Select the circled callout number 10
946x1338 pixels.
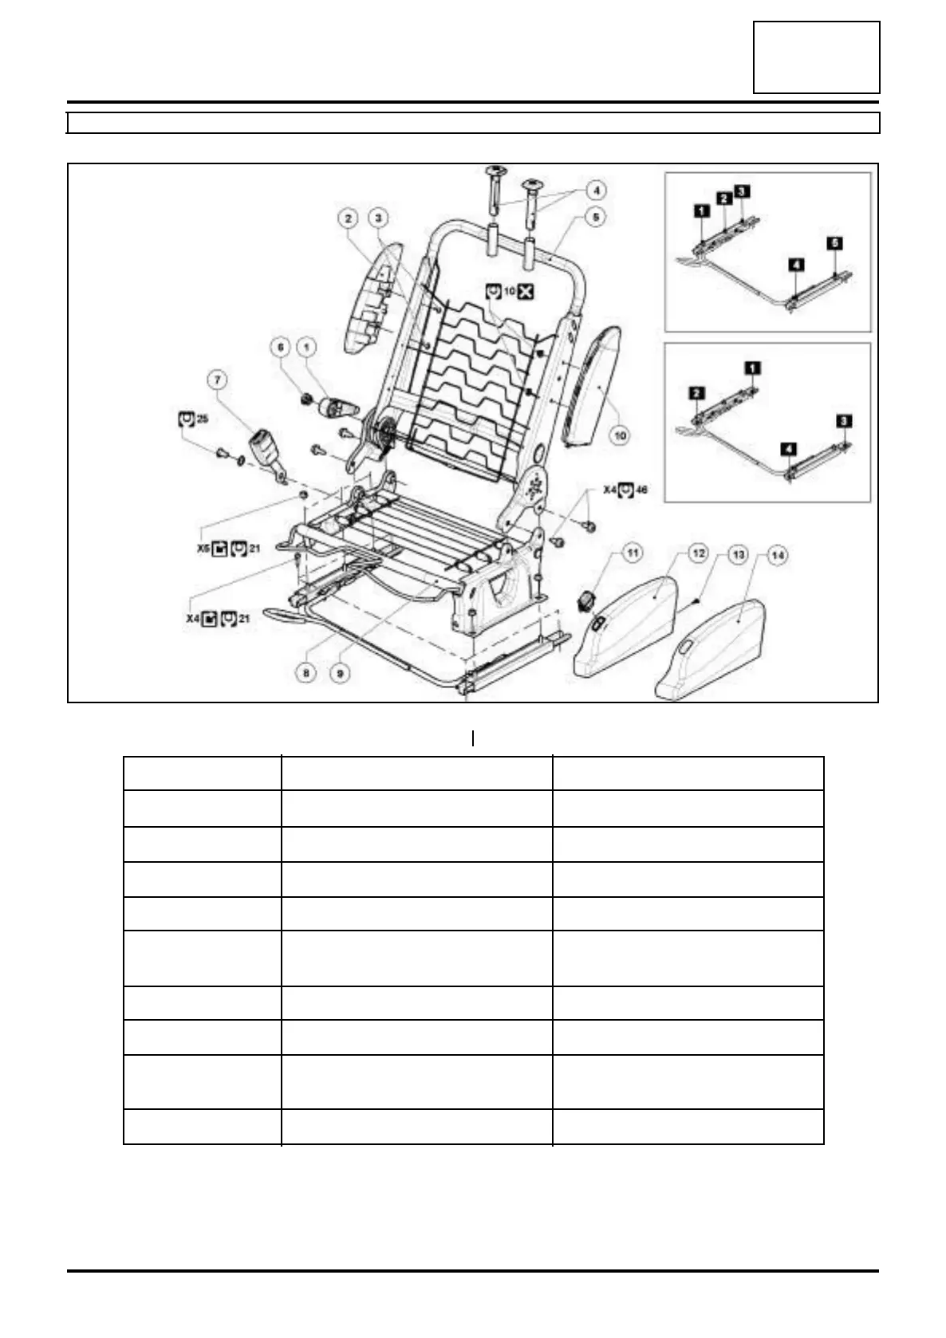pyautogui.click(x=619, y=434)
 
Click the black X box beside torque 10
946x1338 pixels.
pyautogui.click(x=525, y=293)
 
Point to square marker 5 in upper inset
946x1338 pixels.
pyautogui.click(x=834, y=242)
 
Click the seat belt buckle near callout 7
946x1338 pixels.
pyautogui.click(x=266, y=447)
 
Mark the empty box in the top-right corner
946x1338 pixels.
pyautogui.click(x=816, y=57)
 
